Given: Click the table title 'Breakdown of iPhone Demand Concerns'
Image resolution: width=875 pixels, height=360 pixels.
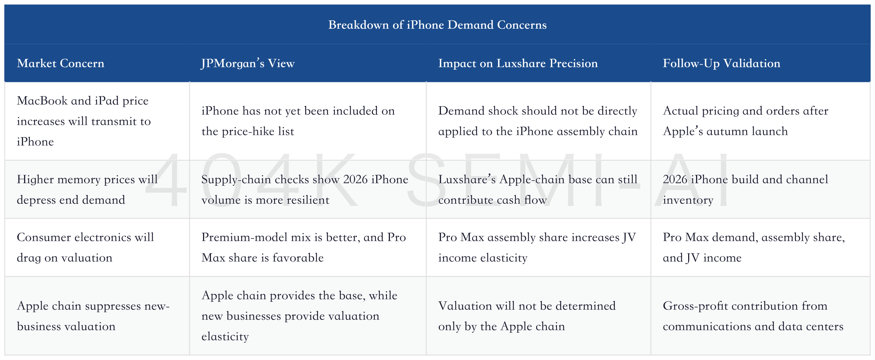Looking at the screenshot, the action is [437, 25].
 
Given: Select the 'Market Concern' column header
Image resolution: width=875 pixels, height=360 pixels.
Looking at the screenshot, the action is [60, 63].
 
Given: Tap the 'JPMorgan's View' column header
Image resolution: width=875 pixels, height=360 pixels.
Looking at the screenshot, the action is [248, 63].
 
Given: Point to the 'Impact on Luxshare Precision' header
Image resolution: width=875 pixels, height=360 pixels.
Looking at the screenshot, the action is [518, 63].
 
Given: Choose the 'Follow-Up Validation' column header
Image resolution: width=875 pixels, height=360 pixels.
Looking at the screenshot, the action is [722, 63].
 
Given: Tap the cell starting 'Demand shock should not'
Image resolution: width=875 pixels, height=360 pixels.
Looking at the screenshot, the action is [538, 121].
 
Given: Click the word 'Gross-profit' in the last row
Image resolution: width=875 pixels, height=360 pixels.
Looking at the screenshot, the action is [695, 306].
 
